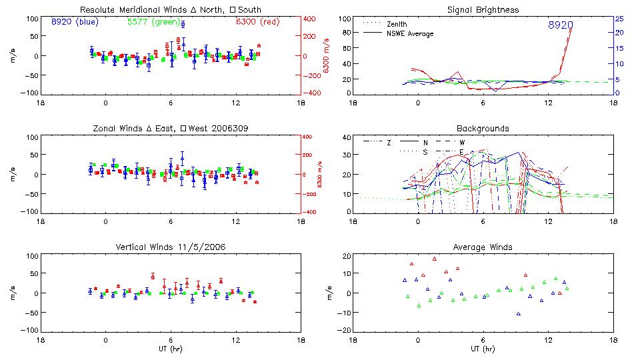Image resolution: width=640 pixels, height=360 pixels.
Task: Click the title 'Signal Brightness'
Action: [483, 10]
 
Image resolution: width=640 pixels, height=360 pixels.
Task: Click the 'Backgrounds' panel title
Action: [483, 128]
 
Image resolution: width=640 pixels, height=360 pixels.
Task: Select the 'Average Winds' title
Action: [483, 247]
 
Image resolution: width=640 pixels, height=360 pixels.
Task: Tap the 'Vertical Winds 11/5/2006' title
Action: [171, 247]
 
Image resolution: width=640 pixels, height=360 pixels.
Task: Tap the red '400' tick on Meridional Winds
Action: [311, 19]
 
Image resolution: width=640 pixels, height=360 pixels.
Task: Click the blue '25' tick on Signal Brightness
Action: [619, 19]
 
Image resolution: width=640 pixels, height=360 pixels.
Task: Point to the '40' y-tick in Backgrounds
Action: [347, 137]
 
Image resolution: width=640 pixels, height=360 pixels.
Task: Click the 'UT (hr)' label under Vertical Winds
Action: [171, 348]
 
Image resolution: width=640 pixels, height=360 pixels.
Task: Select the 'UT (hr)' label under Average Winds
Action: [483, 348]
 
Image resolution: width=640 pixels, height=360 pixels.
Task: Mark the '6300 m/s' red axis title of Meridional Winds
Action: [327, 56]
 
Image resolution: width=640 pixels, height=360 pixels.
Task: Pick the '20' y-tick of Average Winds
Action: [347, 256]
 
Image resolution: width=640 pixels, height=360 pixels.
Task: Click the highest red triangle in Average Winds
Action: [434, 259]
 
